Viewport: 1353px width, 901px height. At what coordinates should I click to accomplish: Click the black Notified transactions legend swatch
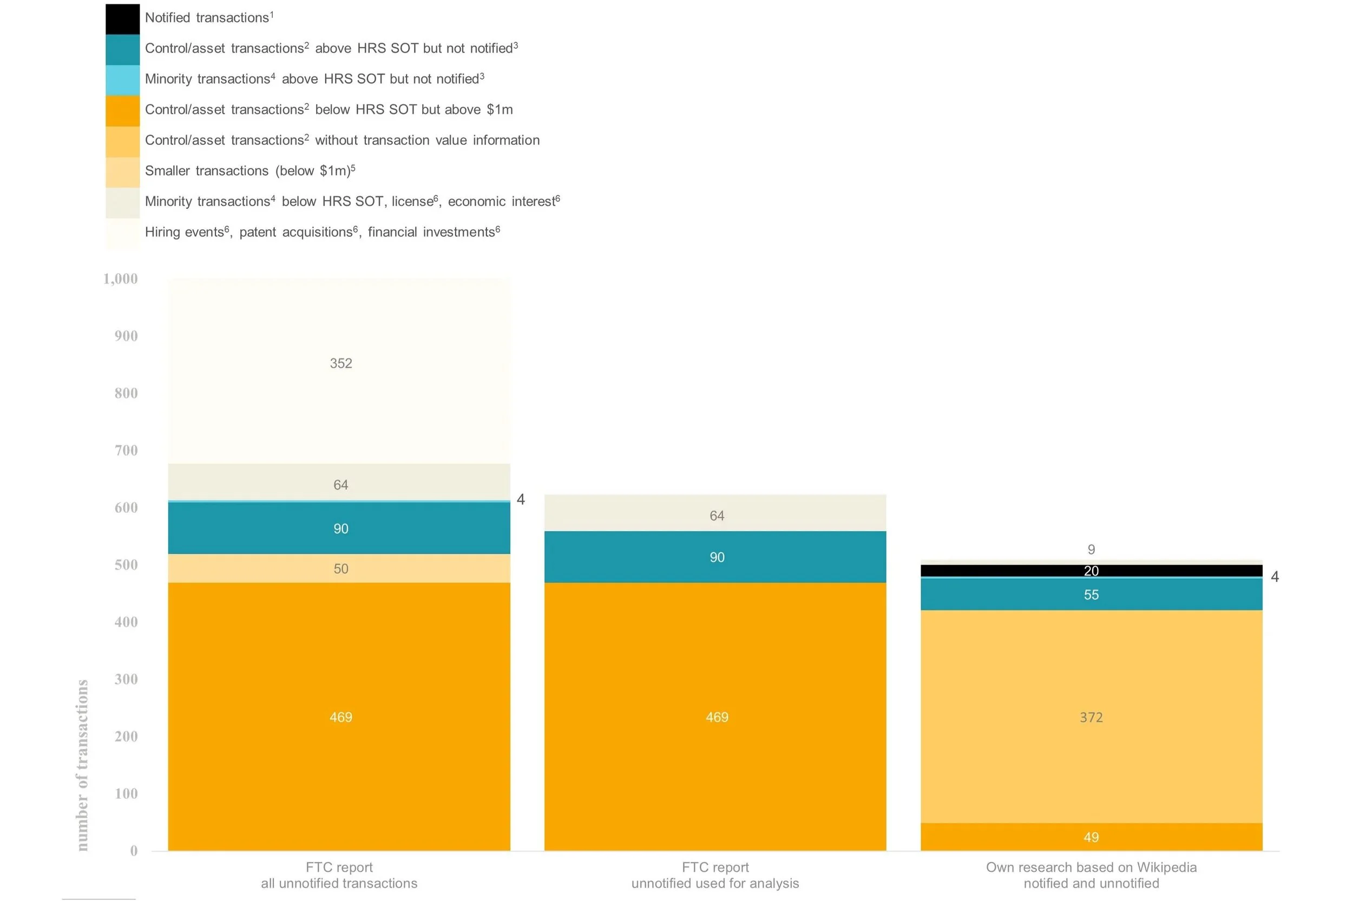[122, 18]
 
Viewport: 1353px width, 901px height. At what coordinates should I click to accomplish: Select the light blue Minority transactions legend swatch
[122, 80]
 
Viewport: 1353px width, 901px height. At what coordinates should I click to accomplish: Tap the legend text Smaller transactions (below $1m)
[249, 171]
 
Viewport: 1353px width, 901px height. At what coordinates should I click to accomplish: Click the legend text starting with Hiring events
[322, 232]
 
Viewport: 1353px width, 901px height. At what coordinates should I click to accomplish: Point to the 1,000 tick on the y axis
[120, 279]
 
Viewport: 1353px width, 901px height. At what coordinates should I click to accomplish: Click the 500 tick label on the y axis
[126, 565]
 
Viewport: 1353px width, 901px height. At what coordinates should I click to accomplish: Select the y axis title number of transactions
[82, 764]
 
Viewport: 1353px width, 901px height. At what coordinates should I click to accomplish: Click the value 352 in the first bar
[340, 363]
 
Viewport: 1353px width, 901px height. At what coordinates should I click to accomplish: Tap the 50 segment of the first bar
[340, 569]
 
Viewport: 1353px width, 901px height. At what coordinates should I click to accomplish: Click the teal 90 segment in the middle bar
[717, 558]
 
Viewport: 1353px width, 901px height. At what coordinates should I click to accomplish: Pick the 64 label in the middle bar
[717, 516]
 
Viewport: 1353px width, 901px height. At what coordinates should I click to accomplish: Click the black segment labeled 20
[1091, 571]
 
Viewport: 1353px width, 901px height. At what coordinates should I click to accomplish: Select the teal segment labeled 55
[1091, 595]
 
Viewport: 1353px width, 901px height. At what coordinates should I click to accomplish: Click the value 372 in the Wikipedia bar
[1091, 718]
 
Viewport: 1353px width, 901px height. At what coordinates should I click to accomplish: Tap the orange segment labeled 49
[1091, 838]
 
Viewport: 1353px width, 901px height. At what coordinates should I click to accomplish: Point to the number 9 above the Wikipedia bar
[1091, 550]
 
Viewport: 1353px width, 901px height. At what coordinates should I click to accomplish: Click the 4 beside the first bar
[521, 500]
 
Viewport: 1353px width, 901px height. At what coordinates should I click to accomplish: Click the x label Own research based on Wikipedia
[1091, 867]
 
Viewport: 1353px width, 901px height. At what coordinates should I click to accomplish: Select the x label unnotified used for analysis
[715, 884]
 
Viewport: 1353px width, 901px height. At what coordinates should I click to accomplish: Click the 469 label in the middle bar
[717, 718]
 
